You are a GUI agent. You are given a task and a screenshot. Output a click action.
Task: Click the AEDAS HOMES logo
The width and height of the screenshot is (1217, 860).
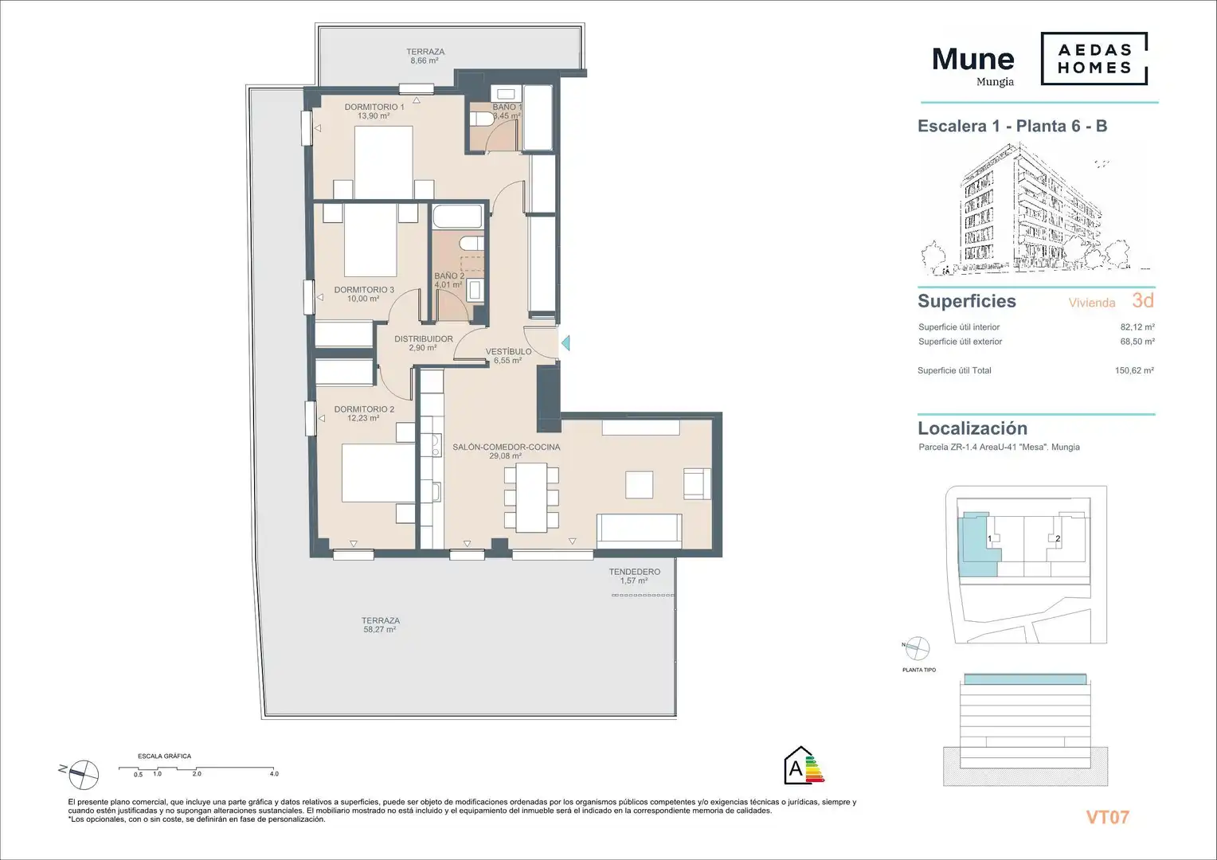[x=1094, y=59]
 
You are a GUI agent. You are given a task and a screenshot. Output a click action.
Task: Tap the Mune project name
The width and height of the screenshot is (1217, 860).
[x=973, y=59]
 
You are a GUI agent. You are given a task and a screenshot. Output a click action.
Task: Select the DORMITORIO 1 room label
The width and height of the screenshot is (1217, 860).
[x=374, y=107]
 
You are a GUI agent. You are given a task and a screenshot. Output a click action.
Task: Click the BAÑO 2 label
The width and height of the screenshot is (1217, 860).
[x=449, y=276]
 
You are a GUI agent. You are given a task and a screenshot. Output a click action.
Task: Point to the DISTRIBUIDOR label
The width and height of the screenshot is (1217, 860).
[x=423, y=339]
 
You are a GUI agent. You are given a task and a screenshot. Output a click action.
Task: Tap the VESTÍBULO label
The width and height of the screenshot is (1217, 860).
[x=508, y=351]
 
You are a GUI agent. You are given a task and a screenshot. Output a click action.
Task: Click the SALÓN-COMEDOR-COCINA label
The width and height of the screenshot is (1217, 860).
[x=507, y=447]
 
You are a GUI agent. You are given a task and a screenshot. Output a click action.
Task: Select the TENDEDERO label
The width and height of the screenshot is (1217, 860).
[x=635, y=572]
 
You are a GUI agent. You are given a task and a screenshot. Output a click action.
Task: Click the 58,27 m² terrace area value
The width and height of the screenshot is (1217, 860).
[x=380, y=630]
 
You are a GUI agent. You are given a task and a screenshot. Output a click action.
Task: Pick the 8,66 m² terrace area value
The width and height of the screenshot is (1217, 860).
[x=425, y=61]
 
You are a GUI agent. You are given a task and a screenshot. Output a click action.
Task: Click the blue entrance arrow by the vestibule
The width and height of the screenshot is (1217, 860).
[x=565, y=342]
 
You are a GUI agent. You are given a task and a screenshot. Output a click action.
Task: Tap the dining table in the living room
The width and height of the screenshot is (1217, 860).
[x=531, y=498]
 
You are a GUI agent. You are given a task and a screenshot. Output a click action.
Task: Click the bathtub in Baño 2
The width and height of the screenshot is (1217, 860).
[x=457, y=217]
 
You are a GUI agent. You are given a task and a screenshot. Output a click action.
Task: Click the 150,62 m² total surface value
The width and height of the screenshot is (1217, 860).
[x=1134, y=370]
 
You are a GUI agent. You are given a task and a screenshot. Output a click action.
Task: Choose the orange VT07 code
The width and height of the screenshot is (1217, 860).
[x=1108, y=817]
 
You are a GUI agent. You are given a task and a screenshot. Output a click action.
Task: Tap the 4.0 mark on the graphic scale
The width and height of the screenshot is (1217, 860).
[x=274, y=774]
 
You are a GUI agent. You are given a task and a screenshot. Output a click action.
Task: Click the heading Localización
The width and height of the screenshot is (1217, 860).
[x=972, y=428]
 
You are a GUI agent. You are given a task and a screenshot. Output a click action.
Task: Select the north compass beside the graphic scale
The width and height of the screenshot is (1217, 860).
[x=84, y=774]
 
